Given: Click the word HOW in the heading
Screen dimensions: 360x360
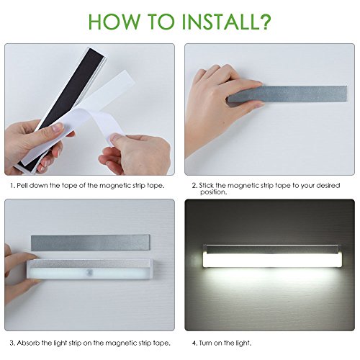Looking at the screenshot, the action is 114,22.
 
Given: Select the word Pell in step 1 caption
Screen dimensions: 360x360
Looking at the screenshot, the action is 22,186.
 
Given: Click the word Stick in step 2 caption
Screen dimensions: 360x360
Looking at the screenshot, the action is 206,186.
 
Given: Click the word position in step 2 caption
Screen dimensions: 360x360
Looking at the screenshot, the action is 213,192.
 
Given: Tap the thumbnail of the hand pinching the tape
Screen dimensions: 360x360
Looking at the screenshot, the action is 114,139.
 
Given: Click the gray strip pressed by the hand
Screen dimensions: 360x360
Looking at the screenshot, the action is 287,93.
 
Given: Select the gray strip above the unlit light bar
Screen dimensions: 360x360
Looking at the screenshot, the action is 90,243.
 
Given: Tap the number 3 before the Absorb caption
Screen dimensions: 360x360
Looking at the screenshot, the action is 12,343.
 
